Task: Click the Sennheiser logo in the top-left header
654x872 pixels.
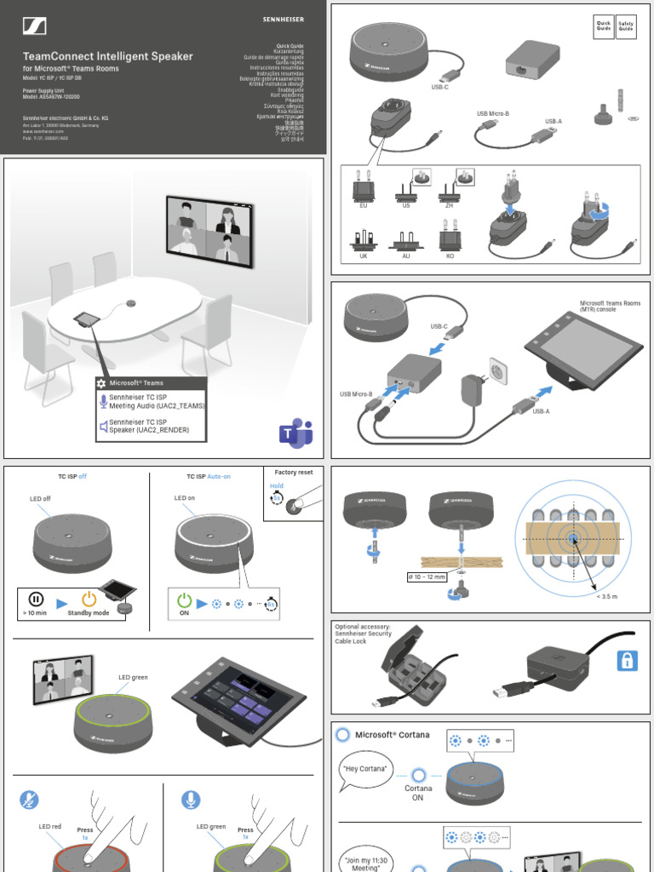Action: (35, 26)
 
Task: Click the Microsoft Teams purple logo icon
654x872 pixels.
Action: (295, 433)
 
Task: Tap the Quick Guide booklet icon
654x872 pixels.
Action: (603, 26)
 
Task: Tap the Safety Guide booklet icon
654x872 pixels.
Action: (626, 26)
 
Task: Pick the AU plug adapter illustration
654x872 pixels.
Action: (406, 242)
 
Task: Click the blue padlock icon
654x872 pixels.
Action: (626, 661)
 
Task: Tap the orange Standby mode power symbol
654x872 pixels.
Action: (89, 599)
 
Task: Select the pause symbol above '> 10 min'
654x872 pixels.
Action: (36, 599)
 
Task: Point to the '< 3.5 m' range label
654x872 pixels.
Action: (606, 597)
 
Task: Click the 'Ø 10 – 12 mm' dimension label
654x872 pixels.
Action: (429, 577)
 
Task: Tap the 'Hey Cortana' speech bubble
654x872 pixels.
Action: (366, 770)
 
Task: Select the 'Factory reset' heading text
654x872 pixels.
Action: (294, 472)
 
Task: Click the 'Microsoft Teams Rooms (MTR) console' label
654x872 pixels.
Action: (610, 307)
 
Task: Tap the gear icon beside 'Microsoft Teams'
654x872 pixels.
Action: (101, 384)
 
